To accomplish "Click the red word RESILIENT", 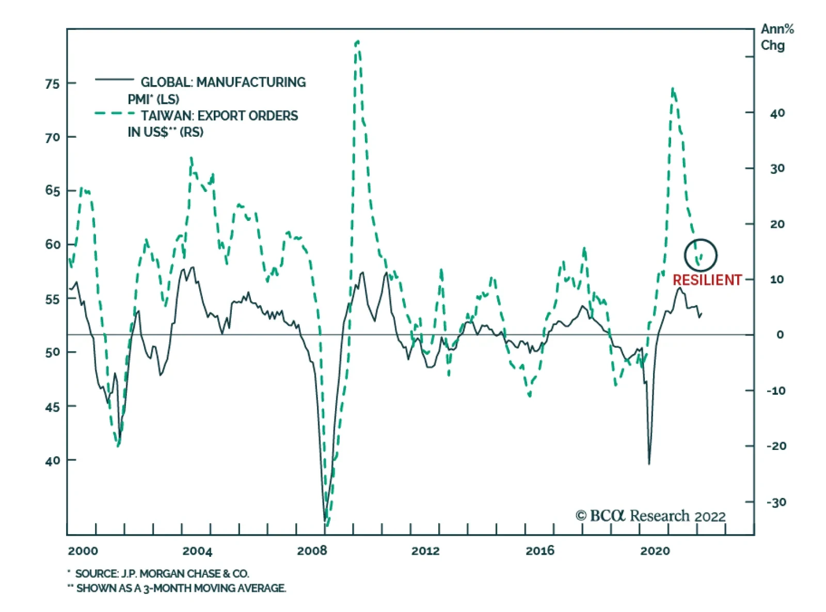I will tap(707, 280).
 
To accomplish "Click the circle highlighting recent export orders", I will tap(701, 255).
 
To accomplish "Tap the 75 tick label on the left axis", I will tap(53, 84).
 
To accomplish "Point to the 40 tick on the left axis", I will tap(53, 460).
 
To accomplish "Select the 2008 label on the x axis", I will tap(312, 551).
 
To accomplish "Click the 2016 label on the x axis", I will tap(540, 551).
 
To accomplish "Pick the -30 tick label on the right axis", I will tap(776, 502).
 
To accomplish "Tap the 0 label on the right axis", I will tap(780, 335).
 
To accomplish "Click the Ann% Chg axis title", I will tap(776, 37).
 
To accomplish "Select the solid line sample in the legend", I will tap(114, 79).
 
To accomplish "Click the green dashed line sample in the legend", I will tap(114, 113).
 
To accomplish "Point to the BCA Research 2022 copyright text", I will tap(650, 516).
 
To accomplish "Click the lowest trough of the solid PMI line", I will tap(325, 520).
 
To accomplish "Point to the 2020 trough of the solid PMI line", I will tap(649, 463).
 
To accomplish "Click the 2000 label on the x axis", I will tap(83, 551).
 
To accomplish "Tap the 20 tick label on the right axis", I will tap(777, 224).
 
